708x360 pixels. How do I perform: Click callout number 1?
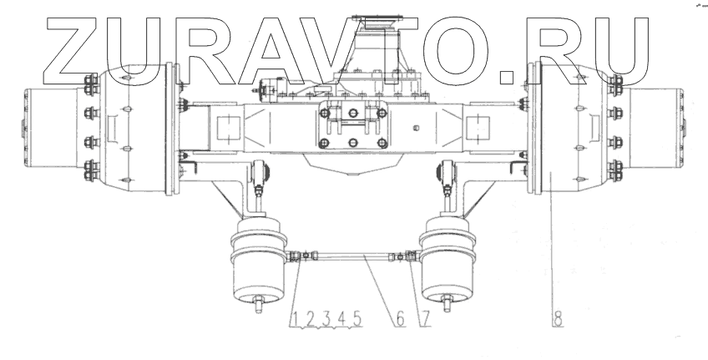(294, 319)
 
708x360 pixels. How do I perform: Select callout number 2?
(311, 319)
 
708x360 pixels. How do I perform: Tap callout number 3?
(326, 319)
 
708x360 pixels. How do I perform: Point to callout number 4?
(341, 319)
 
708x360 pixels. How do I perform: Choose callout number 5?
(357, 319)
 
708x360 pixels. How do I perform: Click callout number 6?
(400, 319)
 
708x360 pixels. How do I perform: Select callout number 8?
(558, 319)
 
